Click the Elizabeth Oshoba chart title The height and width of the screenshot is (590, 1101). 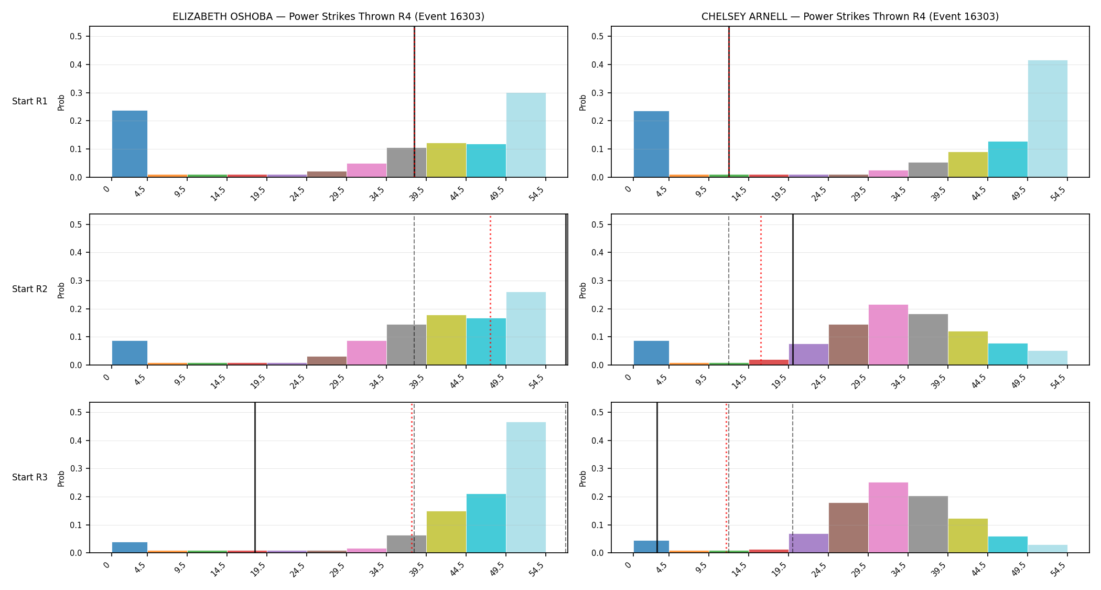coord(328,16)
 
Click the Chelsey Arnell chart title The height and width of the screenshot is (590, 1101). coord(850,16)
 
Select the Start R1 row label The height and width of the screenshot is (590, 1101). coord(30,101)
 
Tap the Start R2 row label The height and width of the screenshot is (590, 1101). coord(30,289)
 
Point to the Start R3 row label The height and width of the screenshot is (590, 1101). coord(30,477)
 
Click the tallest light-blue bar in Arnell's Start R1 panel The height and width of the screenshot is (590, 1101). coord(1048,119)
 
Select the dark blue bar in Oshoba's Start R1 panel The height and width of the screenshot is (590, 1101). coord(130,144)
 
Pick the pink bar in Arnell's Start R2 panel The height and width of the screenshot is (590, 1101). coord(888,335)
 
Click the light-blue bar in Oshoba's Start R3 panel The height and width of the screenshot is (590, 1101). coord(526,488)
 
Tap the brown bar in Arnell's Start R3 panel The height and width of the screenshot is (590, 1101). coord(848,528)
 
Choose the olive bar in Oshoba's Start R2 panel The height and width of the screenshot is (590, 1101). coord(446,340)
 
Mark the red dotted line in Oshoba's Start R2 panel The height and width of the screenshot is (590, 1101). coord(490,289)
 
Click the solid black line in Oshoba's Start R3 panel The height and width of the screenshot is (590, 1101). coord(255,478)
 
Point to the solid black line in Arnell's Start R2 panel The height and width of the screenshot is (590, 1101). coord(793,289)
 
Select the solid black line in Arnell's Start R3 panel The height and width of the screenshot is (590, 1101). coord(657,478)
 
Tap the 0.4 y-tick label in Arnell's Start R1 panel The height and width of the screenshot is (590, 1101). coord(598,65)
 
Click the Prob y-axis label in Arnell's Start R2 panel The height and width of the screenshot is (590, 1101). coord(583,290)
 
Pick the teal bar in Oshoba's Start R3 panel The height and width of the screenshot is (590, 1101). coord(486,523)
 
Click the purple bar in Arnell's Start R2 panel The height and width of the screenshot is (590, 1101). coord(808,355)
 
